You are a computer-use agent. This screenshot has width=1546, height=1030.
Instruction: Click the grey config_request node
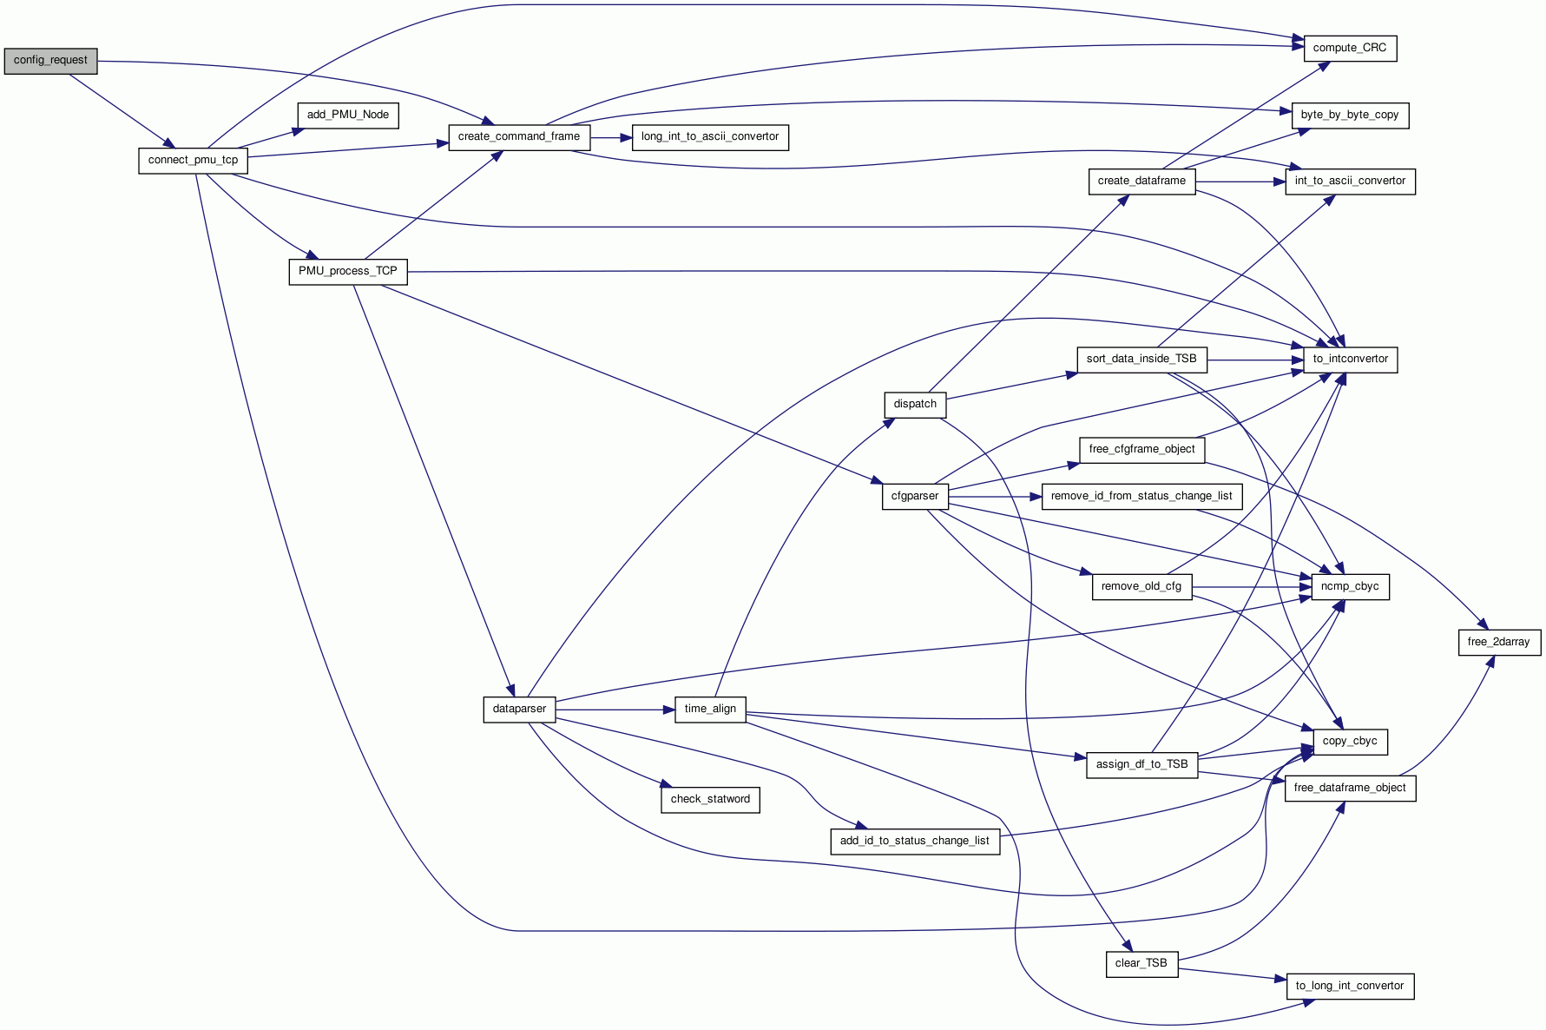point(50,61)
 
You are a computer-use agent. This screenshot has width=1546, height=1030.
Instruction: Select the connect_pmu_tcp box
point(193,161)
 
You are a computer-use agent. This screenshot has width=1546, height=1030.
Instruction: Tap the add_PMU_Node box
point(347,115)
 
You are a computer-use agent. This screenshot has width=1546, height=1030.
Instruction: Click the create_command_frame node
point(518,137)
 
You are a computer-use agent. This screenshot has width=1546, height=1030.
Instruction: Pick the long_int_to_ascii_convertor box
point(709,137)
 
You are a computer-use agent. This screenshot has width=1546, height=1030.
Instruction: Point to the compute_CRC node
point(1349,48)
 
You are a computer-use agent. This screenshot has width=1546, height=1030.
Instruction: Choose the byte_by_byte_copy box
point(1349,115)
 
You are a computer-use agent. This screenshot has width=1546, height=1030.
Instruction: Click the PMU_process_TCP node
point(347,271)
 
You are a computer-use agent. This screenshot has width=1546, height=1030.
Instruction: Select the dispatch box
point(915,404)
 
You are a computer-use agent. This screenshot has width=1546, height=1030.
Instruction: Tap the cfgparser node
point(915,496)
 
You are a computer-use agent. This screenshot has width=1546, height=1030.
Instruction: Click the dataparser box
point(519,709)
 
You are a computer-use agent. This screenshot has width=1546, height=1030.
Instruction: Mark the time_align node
point(710,709)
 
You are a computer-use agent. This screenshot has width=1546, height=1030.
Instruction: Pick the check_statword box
point(710,799)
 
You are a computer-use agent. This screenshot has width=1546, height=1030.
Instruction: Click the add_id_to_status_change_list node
point(914,841)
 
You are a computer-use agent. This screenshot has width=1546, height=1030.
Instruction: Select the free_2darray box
point(1498,642)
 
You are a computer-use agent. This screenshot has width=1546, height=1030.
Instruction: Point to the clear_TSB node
point(1141,963)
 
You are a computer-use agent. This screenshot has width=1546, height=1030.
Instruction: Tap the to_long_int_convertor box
point(1349,986)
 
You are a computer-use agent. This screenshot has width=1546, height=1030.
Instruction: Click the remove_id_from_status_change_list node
point(1141,496)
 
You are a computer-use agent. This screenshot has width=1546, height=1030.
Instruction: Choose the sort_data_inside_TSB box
point(1141,359)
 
